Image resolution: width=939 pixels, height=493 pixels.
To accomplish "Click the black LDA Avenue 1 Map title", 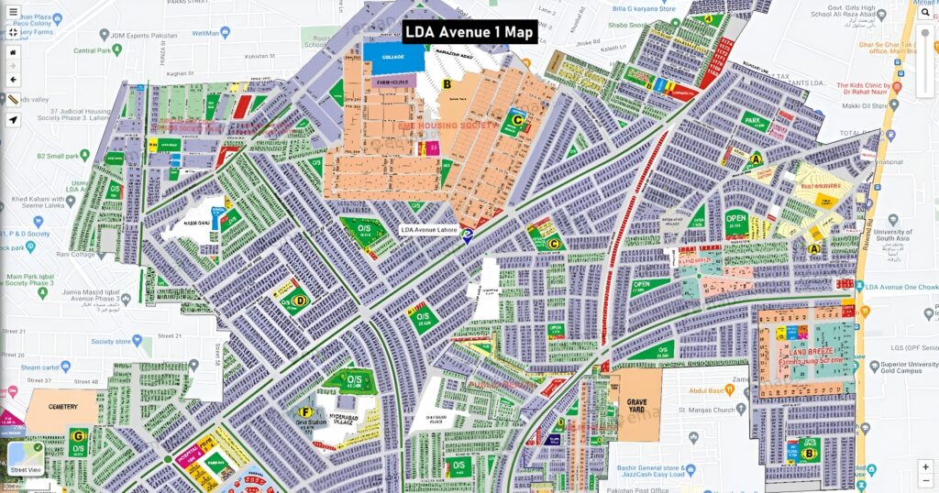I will pyautogui.click(x=469, y=32).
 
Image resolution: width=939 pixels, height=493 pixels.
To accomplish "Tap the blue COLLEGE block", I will pyautogui.click(x=393, y=57).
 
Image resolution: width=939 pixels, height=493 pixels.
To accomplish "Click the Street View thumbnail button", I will pyautogui.click(x=25, y=459).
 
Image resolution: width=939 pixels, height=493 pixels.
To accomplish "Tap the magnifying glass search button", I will pyautogui.click(x=926, y=12).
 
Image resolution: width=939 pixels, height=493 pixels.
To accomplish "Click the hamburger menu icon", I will pyautogui.click(x=13, y=12).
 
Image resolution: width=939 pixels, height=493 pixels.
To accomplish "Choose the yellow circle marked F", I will pyautogui.click(x=306, y=411).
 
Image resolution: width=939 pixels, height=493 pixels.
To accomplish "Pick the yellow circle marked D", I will pyautogui.click(x=300, y=299).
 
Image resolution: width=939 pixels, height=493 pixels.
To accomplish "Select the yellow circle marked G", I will pyautogui.click(x=79, y=435).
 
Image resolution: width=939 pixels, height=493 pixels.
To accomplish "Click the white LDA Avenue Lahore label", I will pyautogui.click(x=429, y=230).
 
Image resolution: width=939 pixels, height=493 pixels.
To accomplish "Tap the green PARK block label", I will pyautogui.click(x=754, y=120).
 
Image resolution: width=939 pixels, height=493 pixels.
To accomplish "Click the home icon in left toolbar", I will pyautogui.click(x=13, y=52).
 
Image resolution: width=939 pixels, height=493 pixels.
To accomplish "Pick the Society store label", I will pyautogui.click(x=112, y=341).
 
